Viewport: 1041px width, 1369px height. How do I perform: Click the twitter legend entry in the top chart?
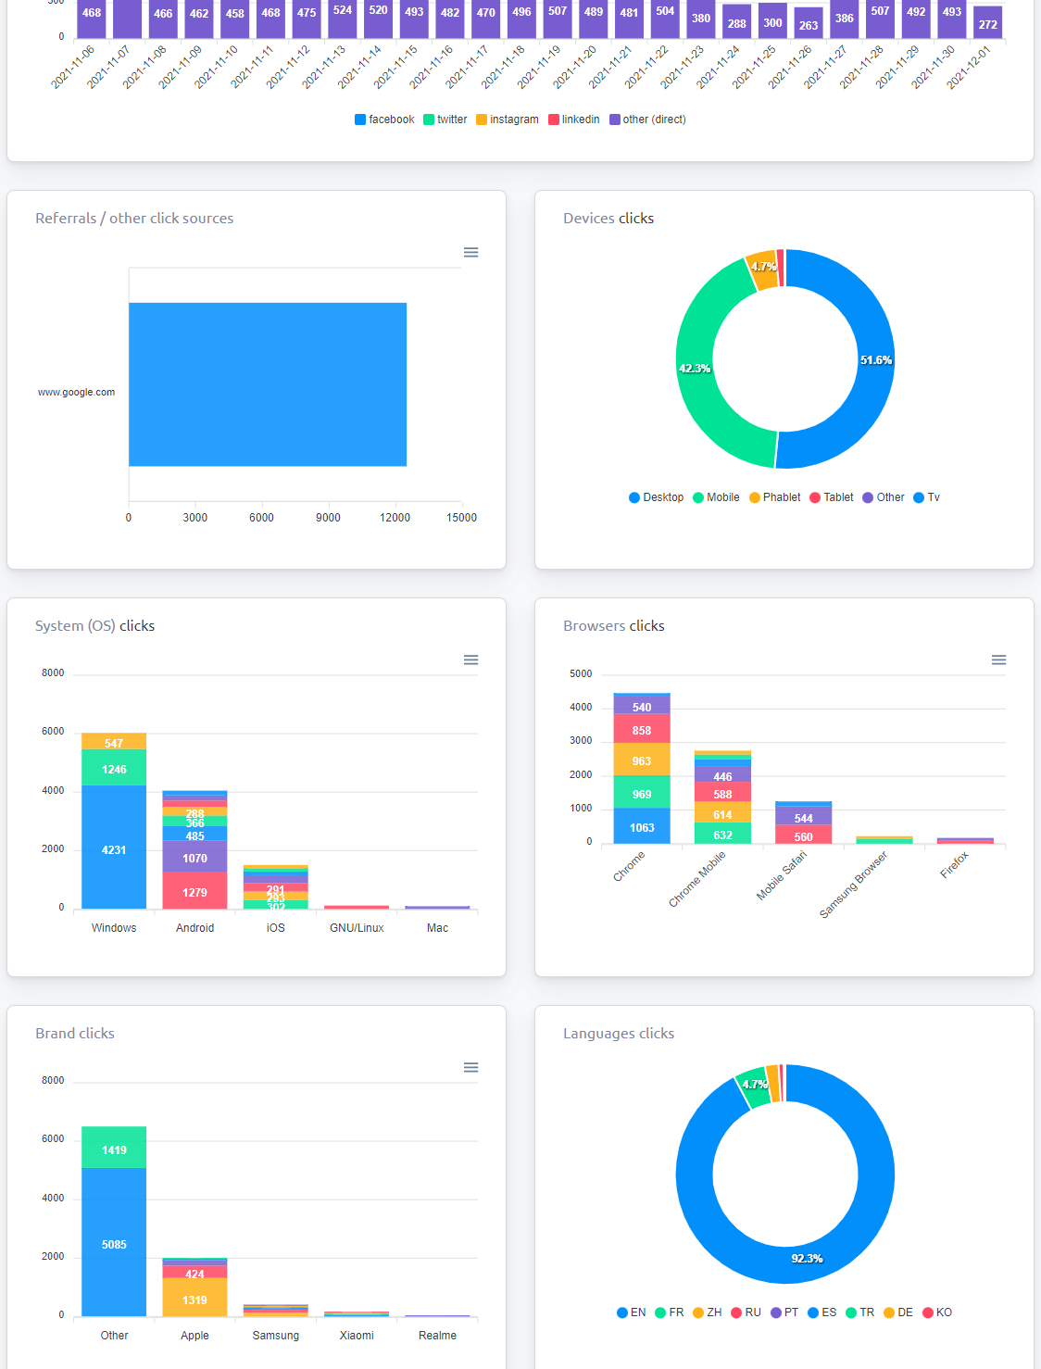point(445,119)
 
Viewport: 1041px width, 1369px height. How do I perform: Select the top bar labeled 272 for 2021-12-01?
point(988,23)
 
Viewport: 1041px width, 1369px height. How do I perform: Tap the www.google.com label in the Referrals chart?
point(76,392)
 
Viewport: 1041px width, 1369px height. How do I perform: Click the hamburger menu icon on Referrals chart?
point(470,253)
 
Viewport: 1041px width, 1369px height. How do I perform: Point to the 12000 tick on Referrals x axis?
point(395,518)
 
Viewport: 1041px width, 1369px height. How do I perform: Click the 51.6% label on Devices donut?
point(875,360)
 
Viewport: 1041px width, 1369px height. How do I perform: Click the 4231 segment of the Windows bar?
point(114,849)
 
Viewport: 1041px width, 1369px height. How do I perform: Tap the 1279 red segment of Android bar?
point(194,892)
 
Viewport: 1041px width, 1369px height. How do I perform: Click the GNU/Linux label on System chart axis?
point(357,927)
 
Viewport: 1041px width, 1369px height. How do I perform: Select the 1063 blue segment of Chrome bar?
point(642,827)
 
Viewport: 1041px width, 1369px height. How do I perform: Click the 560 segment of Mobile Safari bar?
point(803,835)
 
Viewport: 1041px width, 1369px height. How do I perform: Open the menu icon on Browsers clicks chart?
point(998,660)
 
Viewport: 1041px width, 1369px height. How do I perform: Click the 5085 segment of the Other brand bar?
point(114,1244)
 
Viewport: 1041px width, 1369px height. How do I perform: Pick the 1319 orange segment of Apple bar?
point(194,1300)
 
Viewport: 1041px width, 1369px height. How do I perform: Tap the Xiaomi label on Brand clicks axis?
point(357,1335)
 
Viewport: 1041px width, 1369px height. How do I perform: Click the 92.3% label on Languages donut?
point(807,1259)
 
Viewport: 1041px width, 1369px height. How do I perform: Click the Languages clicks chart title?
point(619,1034)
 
